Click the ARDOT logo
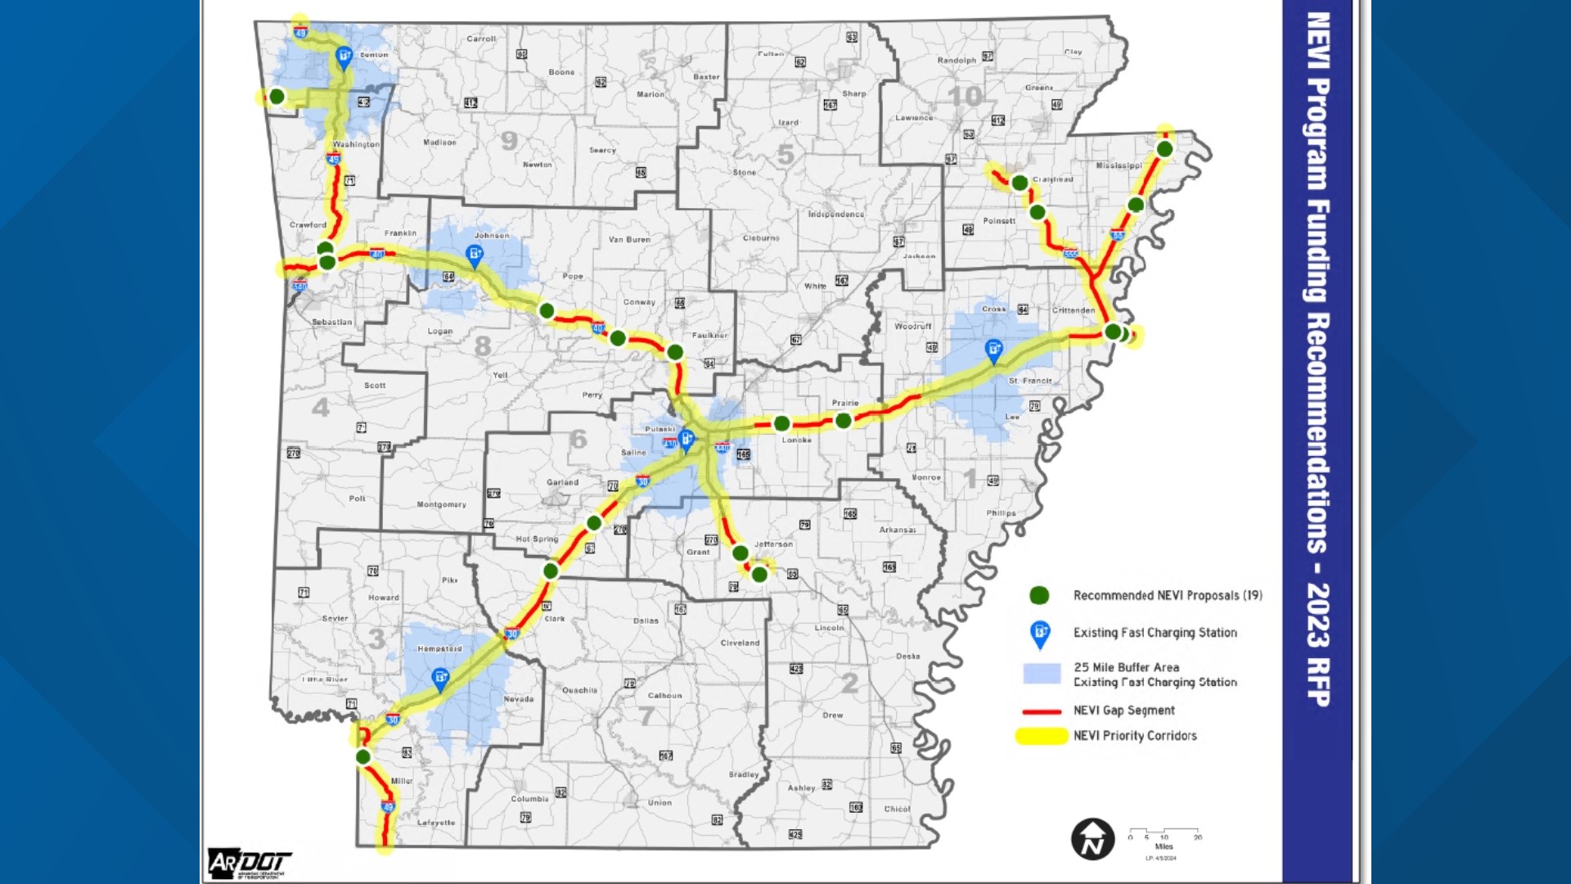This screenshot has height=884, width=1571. click(250, 863)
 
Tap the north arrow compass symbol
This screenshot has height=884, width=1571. click(1092, 839)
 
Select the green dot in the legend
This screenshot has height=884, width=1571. click(1039, 595)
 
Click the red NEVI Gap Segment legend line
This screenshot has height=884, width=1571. click(1042, 711)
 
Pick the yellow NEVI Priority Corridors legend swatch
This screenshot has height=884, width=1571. click(1041, 736)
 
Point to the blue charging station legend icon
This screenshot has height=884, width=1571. click(1040, 633)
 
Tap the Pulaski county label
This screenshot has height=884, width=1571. click(659, 429)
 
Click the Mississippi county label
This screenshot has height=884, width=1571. click(1119, 165)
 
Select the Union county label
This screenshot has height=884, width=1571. click(659, 803)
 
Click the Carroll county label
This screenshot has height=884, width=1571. click(481, 38)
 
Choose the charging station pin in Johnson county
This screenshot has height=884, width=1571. click(474, 255)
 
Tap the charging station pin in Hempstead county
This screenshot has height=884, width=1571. click(440, 679)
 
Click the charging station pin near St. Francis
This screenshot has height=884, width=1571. click(993, 350)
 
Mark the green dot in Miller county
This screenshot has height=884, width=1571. click(363, 757)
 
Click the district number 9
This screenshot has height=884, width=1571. click(509, 141)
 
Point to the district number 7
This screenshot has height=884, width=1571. click(646, 716)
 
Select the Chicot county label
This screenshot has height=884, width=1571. click(897, 809)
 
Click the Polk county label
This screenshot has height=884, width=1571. click(358, 498)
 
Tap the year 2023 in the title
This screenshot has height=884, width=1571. click(1317, 614)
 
